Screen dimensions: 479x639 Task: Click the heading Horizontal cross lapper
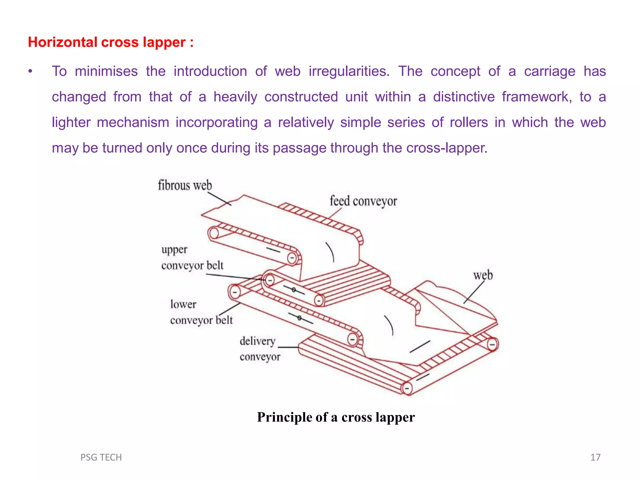[110, 42]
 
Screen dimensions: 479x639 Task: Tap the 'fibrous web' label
[185, 186]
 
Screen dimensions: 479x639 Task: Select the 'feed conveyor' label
[363, 201]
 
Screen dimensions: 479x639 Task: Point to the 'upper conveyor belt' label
[192, 258]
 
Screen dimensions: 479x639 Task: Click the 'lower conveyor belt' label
[201, 312]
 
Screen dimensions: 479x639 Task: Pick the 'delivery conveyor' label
[260, 349]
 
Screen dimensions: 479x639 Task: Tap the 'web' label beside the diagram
[483, 275]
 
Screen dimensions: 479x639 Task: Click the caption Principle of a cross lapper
[336, 417]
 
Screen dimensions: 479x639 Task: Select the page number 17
[595, 457]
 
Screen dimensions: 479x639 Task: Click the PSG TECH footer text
[101, 457]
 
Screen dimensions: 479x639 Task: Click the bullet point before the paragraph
[30, 72]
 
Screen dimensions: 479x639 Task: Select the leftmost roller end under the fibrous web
[214, 233]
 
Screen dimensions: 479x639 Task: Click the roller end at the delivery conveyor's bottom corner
[407, 389]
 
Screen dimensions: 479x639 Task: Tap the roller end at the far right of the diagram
[492, 345]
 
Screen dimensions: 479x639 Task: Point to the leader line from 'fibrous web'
[219, 199]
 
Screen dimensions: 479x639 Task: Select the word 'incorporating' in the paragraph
[217, 123]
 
